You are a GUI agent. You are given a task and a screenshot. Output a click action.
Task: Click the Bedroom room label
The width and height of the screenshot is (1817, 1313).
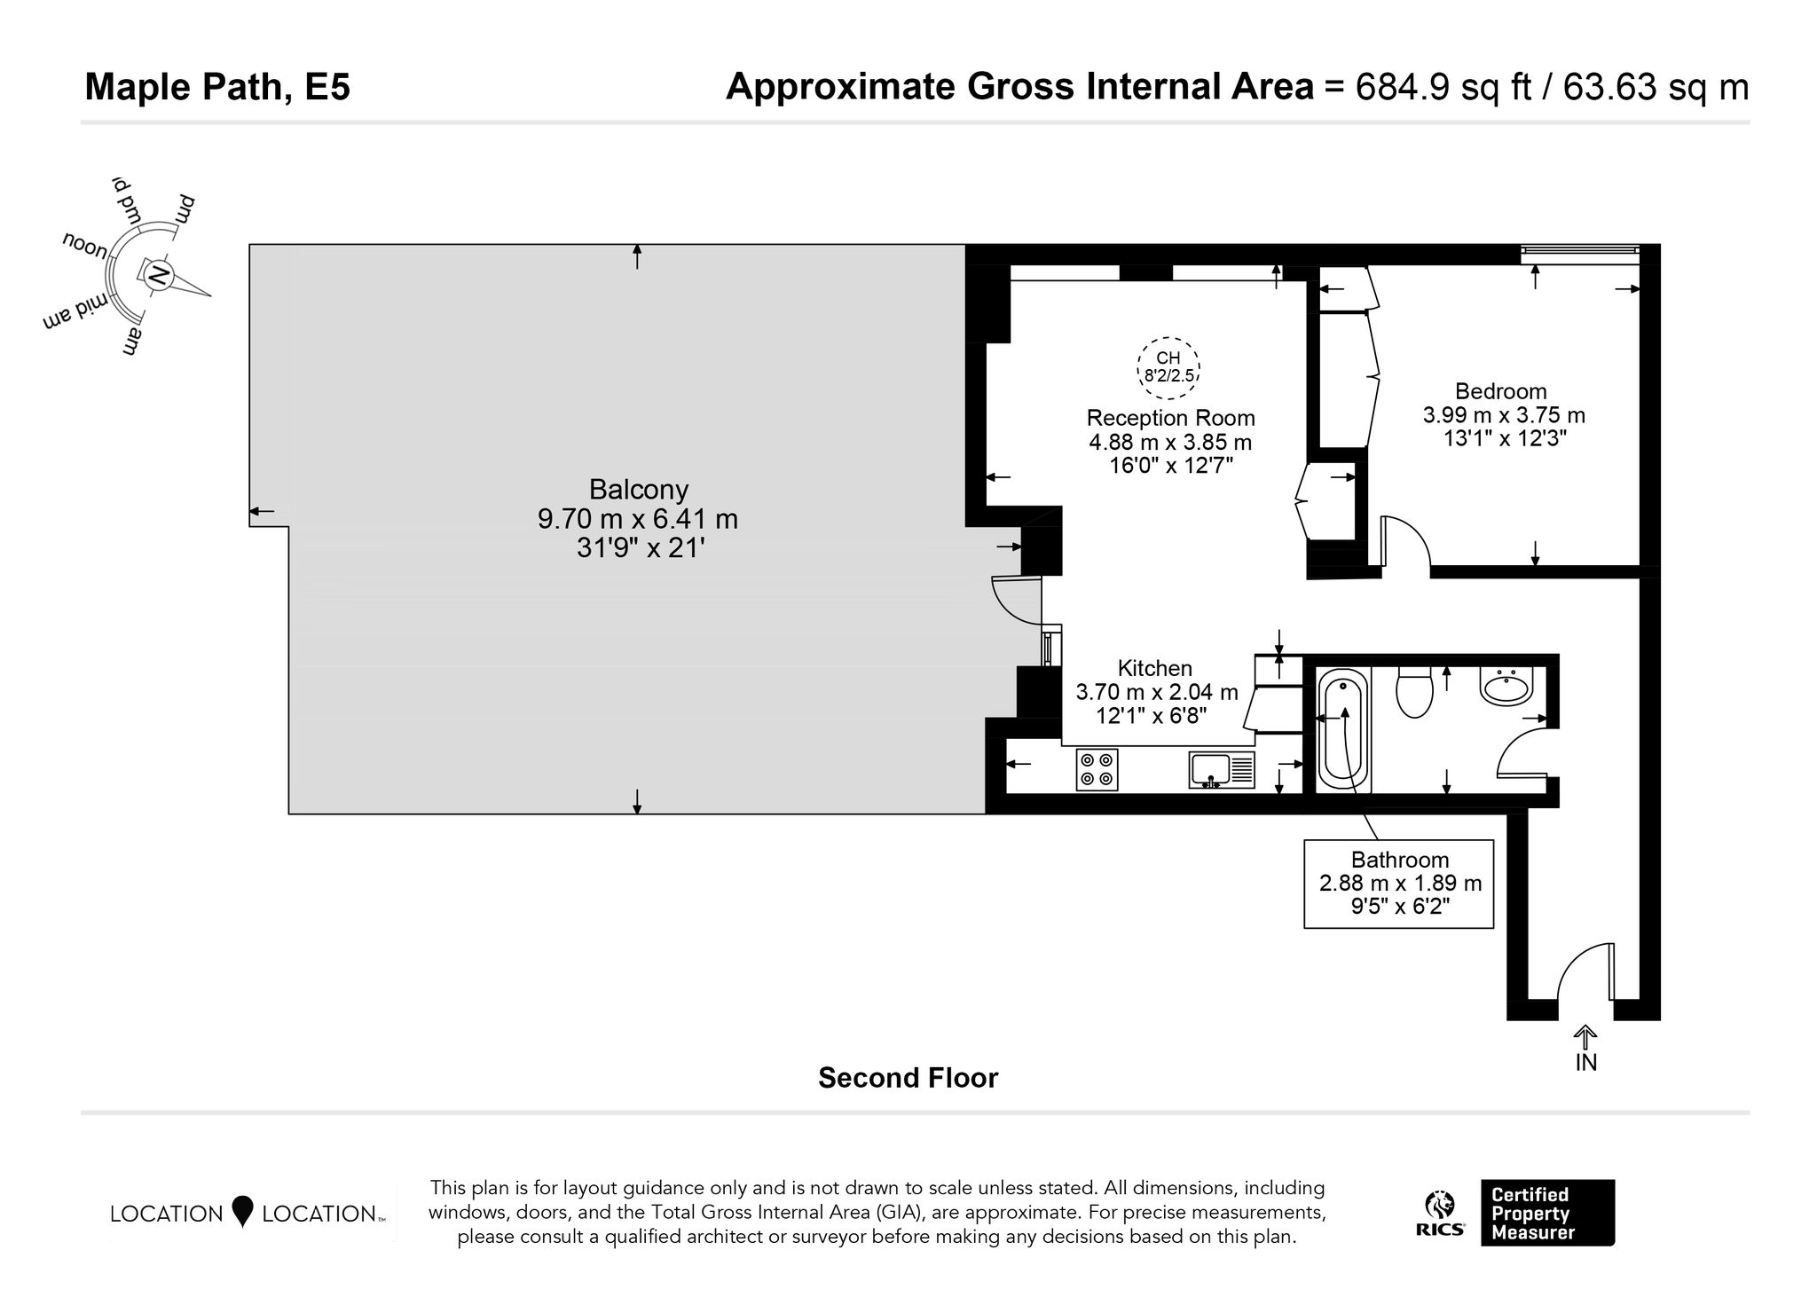1500,391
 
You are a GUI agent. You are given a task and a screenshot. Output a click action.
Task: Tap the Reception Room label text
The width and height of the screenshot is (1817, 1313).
1170,418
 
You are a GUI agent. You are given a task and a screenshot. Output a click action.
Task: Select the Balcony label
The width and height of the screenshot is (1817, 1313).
639,490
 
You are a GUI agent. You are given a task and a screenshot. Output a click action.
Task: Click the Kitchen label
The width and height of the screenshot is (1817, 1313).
1154,668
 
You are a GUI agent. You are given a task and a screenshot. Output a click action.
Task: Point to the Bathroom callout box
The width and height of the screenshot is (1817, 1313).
1399,884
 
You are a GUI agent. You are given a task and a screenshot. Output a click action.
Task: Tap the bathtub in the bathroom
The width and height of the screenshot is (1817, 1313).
1344,730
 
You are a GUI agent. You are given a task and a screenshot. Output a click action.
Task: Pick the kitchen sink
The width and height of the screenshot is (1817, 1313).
1222,770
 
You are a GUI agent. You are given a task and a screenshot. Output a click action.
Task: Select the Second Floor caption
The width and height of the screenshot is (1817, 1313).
908,1078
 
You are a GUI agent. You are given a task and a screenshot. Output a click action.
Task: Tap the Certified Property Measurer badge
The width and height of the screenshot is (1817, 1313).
1547,1213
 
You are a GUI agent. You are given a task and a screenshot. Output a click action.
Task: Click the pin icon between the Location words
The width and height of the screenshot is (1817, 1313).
242,1212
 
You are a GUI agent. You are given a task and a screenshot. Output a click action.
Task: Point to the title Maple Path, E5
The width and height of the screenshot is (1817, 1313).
217,88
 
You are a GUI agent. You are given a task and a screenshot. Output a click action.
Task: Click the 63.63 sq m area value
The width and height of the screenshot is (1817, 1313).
1656,88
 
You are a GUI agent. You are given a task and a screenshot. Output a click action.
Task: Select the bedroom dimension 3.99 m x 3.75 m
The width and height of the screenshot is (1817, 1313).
1504,415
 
